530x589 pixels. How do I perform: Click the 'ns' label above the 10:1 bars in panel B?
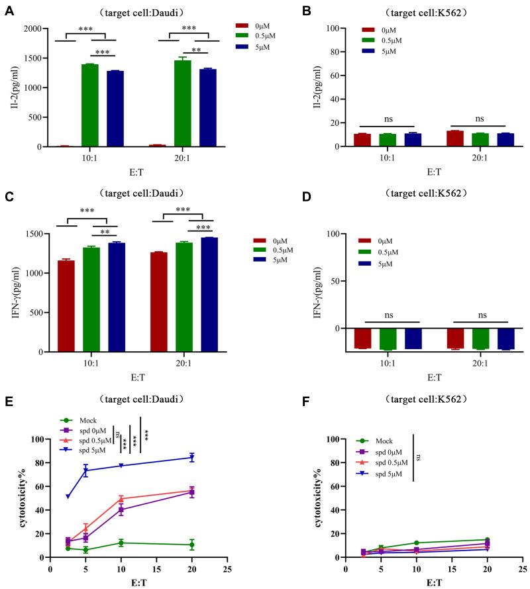click(x=388, y=119)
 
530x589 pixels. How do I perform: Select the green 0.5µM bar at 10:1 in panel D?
click(x=388, y=339)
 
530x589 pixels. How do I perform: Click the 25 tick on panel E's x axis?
click(x=227, y=568)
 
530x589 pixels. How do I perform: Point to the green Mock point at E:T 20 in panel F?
click(x=487, y=540)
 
